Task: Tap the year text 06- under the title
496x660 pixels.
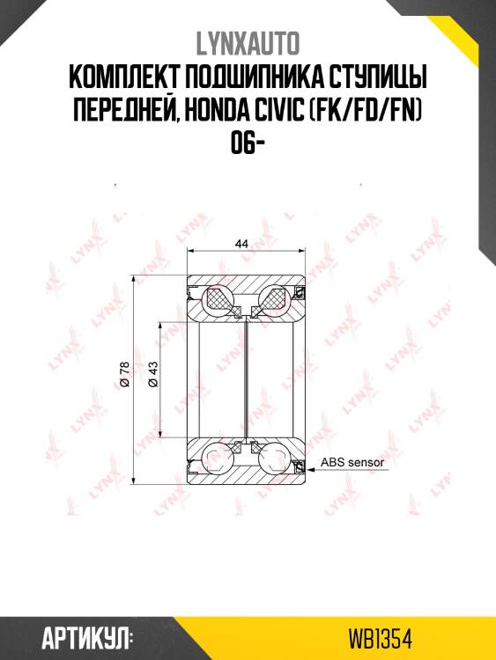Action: (248, 144)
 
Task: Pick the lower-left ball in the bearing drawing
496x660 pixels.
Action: (218, 457)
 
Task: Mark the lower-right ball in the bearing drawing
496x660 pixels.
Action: (276, 457)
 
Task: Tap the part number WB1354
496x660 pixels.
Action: (380, 637)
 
